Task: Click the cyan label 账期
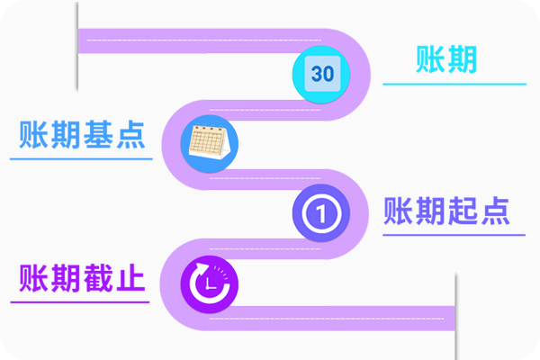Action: (x=446, y=59)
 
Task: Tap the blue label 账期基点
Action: (x=82, y=135)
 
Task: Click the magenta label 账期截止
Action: (x=82, y=277)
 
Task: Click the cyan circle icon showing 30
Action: (x=322, y=73)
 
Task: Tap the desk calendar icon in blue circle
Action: (x=210, y=142)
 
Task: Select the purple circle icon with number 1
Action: (x=320, y=213)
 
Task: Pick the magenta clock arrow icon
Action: (x=211, y=283)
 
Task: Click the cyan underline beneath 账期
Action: (x=454, y=85)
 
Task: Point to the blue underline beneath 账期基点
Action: (x=82, y=159)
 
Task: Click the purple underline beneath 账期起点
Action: (x=454, y=235)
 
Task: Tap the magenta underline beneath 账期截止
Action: (x=80, y=301)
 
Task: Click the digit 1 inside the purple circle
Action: (x=320, y=214)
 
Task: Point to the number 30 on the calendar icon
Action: (x=322, y=74)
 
